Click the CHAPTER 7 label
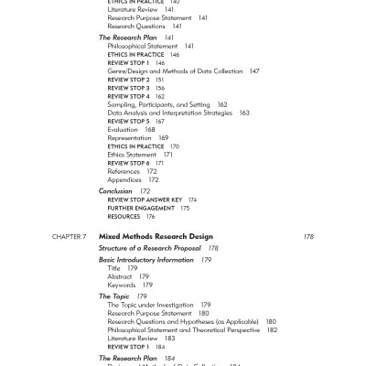(x=69, y=236)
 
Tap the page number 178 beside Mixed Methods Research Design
(x=308, y=236)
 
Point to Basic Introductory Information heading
(x=146, y=260)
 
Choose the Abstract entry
(x=120, y=276)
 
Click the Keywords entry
(x=123, y=285)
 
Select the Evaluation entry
(x=123, y=129)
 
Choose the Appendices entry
(x=125, y=179)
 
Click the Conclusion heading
(x=118, y=190)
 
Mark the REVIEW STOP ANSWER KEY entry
(x=145, y=199)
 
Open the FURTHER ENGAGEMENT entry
(x=141, y=208)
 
